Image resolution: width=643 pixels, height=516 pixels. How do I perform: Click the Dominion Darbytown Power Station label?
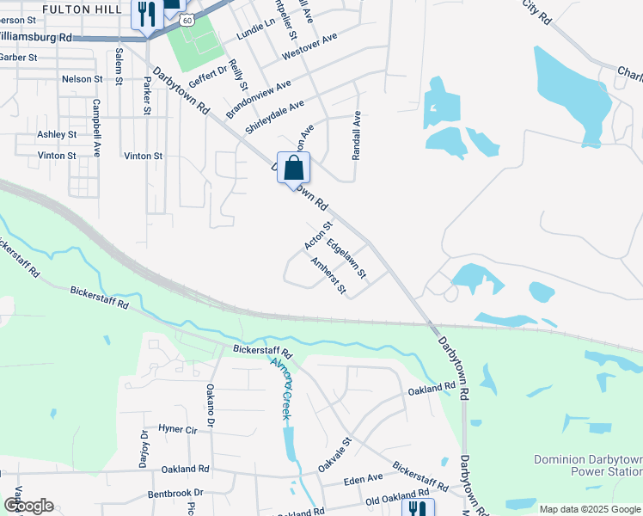(588, 464)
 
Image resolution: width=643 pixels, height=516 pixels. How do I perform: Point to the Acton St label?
(318, 236)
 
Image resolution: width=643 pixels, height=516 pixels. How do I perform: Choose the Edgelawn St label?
(346, 259)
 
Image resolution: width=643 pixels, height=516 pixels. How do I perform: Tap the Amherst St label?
(328, 276)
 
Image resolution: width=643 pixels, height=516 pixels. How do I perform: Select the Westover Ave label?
(310, 47)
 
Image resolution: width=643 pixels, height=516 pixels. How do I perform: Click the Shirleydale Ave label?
(274, 117)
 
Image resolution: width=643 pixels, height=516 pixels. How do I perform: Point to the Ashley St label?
(57, 135)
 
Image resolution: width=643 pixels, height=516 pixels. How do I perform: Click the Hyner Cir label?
(178, 428)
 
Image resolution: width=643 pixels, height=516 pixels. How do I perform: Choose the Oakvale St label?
(335, 453)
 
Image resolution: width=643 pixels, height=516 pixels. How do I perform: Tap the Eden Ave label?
(362, 478)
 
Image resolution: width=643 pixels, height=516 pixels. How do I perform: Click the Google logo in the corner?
(28, 506)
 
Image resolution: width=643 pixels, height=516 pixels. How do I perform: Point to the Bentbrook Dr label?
(175, 494)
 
